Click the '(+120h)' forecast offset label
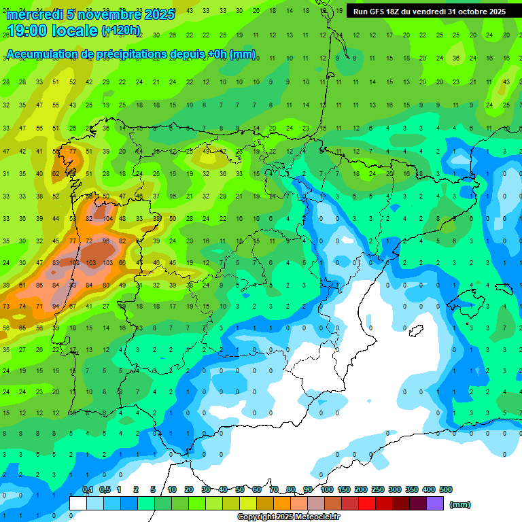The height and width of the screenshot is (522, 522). pos(121,31)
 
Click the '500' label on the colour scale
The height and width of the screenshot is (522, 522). pos(446,490)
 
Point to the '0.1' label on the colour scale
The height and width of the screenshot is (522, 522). pos(88,490)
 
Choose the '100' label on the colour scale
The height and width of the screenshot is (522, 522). pos(327,490)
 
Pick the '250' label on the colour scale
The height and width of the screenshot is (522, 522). pos(378,490)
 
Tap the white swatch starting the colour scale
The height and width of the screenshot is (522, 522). pos(78,503)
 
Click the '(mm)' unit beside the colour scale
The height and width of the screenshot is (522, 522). pos(460,504)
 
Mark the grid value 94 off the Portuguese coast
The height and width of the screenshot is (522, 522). pos(56,307)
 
